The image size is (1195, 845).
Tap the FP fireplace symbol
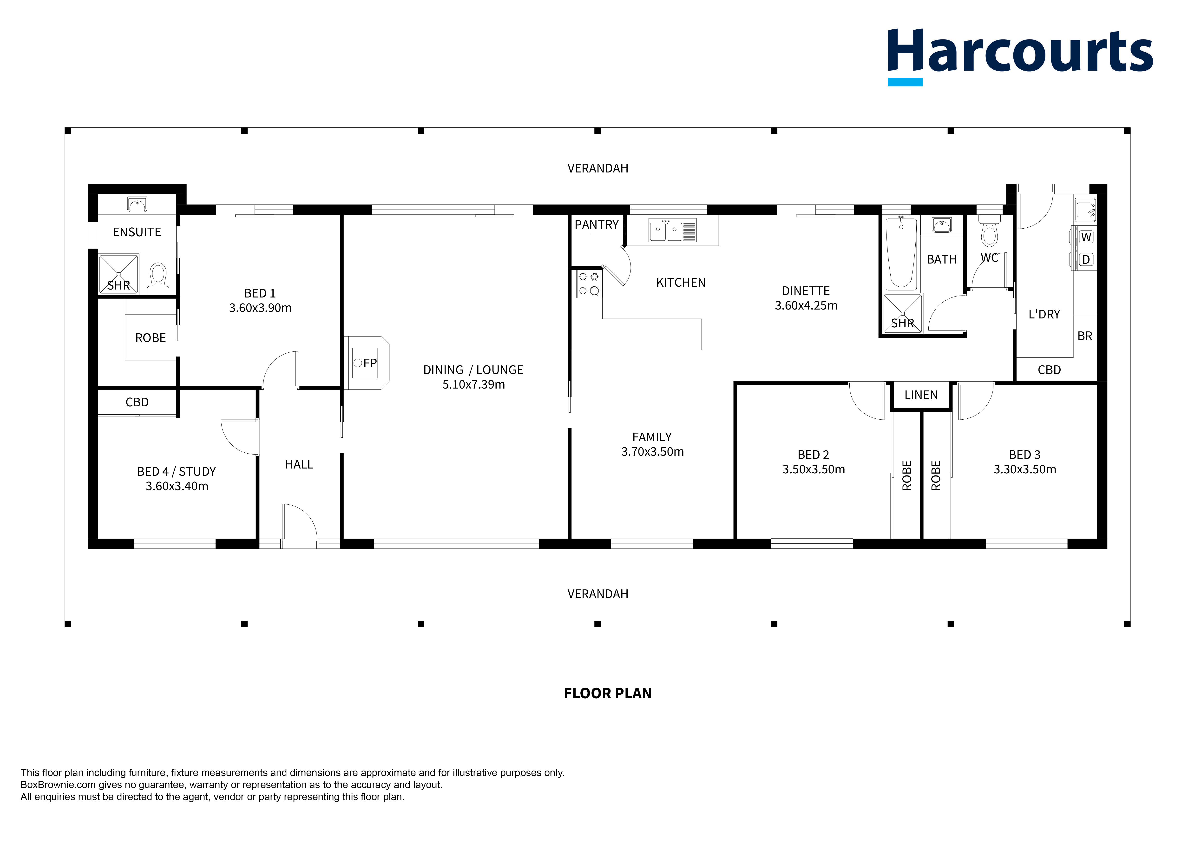[366, 363]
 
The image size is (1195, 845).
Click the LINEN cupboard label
[921, 395]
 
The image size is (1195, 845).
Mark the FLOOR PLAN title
[607, 693]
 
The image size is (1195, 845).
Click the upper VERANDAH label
[597, 168]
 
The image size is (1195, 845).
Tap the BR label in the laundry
[1085, 336]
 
